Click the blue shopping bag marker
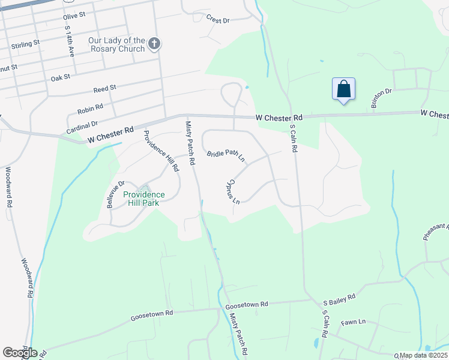coord(343,89)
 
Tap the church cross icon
coord(154,43)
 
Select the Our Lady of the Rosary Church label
coord(116,44)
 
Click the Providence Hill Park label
coord(144,199)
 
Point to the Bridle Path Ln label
coord(226,156)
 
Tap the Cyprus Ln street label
coord(234,190)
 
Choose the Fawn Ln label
coord(353,322)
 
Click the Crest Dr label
coord(218,20)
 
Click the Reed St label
coord(104,89)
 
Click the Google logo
coord(20,353)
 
